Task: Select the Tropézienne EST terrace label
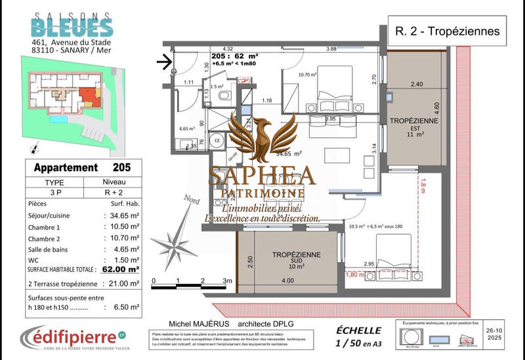pyautogui.click(x=410, y=127)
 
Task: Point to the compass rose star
pyautogui.click(x=177, y=239)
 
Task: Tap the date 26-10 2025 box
pyautogui.click(x=503, y=335)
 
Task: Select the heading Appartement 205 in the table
pyautogui.click(x=82, y=167)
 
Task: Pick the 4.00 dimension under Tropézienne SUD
pyautogui.click(x=288, y=281)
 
